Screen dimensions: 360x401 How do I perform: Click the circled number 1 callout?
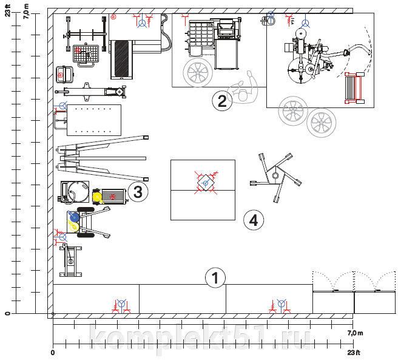215,278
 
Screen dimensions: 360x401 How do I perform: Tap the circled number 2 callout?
222,101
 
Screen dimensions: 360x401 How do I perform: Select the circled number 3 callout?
138,192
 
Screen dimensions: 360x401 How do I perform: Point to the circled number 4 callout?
254,220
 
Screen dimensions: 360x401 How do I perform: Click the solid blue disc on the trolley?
74,216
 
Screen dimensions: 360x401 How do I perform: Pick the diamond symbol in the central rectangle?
205,182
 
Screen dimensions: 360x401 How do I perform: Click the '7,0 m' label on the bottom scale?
354,333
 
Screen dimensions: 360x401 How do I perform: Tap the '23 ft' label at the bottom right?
354,353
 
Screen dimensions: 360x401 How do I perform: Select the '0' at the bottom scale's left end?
53,353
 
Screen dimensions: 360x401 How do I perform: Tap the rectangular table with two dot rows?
93,120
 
